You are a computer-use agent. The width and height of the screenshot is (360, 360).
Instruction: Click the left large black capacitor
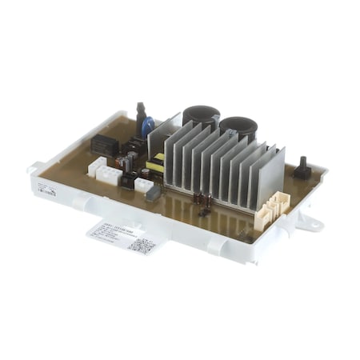(x=200, y=117)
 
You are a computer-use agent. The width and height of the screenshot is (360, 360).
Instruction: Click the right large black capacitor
(x=238, y=127)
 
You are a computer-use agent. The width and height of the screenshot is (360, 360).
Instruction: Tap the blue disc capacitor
(x=147, y=126)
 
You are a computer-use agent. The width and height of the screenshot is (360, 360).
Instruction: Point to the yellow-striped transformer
(x=154, y=166)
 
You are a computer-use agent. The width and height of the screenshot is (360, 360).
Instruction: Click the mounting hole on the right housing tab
(x=314, y=226)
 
